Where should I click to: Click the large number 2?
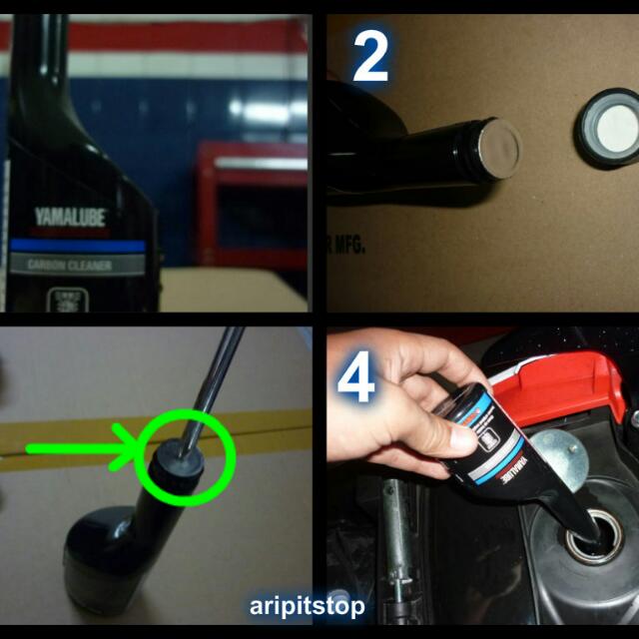pos(370,58)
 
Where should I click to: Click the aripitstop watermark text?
pos(307,606)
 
